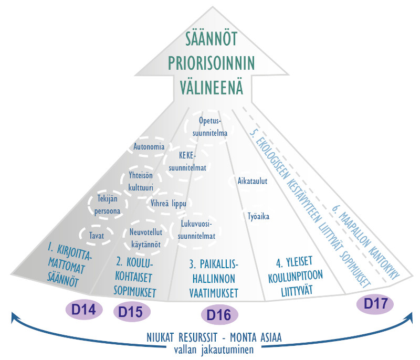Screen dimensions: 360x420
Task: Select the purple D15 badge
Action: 131,312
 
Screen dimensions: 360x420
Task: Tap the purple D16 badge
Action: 220,315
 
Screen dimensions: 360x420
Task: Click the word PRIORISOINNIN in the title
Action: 212,63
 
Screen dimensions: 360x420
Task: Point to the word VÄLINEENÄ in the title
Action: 212,87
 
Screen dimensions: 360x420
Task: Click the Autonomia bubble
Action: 149,146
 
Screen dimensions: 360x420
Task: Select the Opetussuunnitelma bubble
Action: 213,126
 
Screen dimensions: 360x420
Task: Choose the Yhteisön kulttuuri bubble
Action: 144,181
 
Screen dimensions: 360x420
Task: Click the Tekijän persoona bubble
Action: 108,205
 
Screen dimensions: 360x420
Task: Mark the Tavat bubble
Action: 97,235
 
